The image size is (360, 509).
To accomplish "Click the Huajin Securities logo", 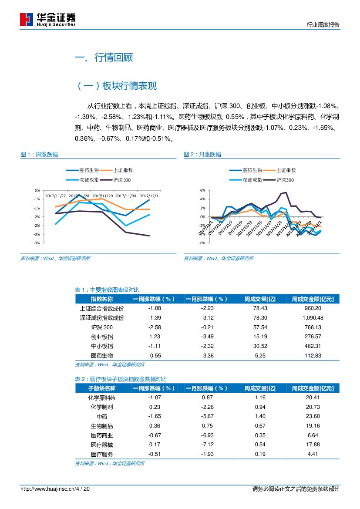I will (48, 20).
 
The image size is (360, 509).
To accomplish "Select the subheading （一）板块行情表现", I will (116, 86).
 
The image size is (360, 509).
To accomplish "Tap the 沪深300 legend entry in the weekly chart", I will (121, 180).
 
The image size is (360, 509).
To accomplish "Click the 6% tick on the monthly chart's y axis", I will (202, 190).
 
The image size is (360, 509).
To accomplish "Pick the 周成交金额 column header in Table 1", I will (313, 299).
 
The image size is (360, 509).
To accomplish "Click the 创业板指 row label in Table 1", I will (102, 337).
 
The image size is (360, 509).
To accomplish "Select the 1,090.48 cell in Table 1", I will (313, 318).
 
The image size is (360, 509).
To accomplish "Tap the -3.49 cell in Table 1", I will (207, 337).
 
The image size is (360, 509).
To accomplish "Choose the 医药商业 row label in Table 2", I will (102, 435).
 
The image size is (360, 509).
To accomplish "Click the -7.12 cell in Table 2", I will (207, 445).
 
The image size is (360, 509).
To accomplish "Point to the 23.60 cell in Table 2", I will (313, 416).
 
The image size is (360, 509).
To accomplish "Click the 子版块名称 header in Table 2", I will (102, 388).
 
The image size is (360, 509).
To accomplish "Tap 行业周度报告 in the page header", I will (323, 25).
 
